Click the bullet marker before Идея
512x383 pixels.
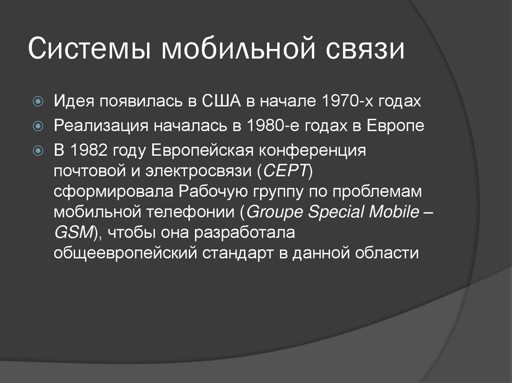tap(38, 102)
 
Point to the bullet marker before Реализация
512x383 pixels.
tap(38, 126)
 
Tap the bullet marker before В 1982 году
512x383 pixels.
tap(38, 150)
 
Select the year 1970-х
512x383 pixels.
tap(340, 102)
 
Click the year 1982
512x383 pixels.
tap(88, 150)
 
